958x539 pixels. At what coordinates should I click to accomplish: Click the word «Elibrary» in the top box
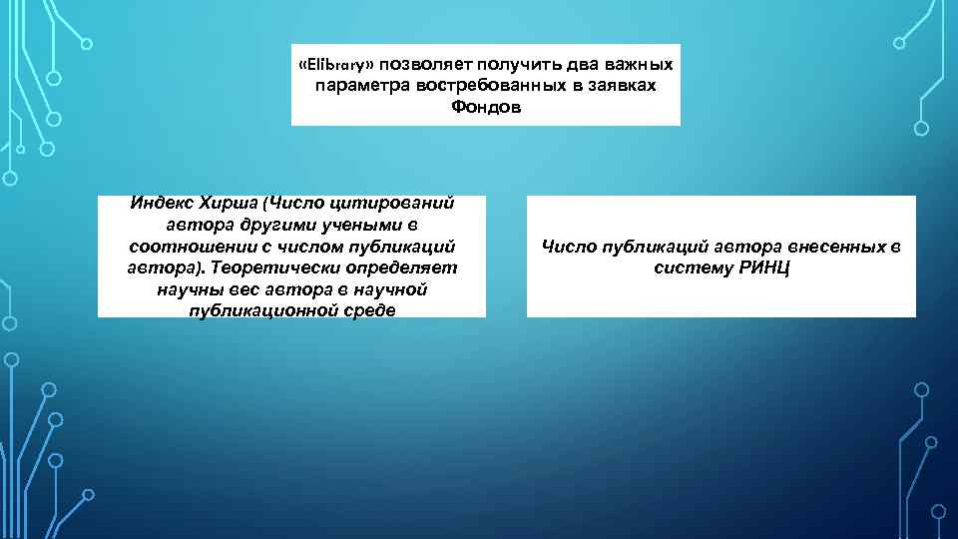coord(337,64)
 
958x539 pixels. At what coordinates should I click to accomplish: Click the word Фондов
coord(486,106)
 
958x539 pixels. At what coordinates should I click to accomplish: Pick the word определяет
coord(396,268)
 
